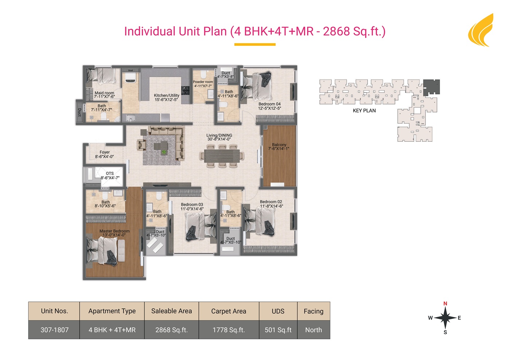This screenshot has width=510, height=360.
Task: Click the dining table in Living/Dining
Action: pos(222,156)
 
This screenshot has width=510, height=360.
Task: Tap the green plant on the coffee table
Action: pos(164,151)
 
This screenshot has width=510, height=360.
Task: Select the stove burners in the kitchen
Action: pos(185,90)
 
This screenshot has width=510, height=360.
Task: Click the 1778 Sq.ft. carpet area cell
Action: pos(229,330)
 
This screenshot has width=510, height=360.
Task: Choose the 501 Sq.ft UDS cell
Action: pos(278,330)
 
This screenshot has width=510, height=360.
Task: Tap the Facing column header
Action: pos(314,311)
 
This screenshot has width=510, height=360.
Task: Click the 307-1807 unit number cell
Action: pos(54,330)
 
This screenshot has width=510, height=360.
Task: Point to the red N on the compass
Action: pos(445,303)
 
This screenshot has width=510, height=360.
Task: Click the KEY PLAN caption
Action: pos(364,111)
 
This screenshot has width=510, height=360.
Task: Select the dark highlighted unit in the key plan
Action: pos(431,87)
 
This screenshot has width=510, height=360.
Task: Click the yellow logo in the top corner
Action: pos(481,30)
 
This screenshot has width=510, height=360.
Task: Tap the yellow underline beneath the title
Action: pos(255,45)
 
